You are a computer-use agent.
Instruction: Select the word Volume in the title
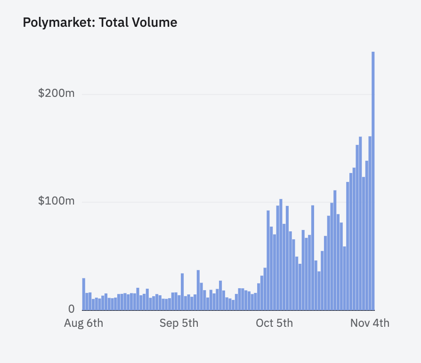click(x=155, y=22)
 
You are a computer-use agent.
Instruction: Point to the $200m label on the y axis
click(x=56, y=93)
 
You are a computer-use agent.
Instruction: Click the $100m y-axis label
click(x=56, y=201)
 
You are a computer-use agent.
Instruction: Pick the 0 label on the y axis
click(x=71, y=309)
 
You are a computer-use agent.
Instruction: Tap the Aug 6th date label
click(x=83, y=324)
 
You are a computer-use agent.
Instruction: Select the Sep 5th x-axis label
click(x=179, y=324)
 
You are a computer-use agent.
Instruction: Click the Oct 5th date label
click(x=274, y=324)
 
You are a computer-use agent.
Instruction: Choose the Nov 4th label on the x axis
click(x=370, y=324)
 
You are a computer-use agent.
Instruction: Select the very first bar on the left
click(x=84, y=294)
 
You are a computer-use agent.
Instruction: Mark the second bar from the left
click(x=87, y=301)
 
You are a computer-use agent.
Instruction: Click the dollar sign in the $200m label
click(x=41, y=93)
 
